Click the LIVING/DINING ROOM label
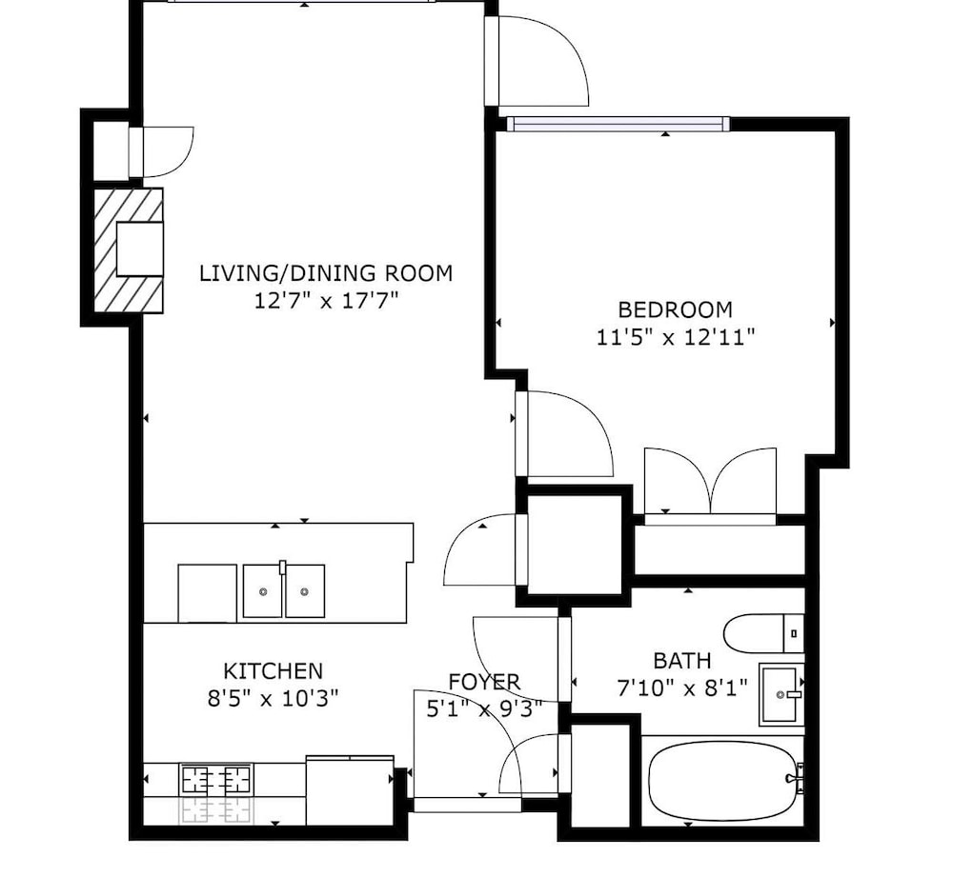[x=326, y=273]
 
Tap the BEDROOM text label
[x=676, y=309]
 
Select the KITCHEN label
[x=273, y=671]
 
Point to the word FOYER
[x=484, y=682]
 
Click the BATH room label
[x=682, y=660]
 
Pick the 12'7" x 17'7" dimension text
[x=326, y=300]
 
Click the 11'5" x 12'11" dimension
[x=676, y=336]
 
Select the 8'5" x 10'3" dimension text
[x=273, y=698]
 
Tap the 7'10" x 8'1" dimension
[x=682, y=688]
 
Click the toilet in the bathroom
[x=764, y=633]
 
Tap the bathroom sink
[x=781, y=694]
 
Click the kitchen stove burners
[x=216, y=779]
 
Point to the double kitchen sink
[x=284, y=591]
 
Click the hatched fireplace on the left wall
[x=129, y=250]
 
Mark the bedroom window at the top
[x=618, y=124]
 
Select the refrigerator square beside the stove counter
[x=350, y=790]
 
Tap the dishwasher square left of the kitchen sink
[x=207, y=593]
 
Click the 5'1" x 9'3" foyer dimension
[x=484, y=708]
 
